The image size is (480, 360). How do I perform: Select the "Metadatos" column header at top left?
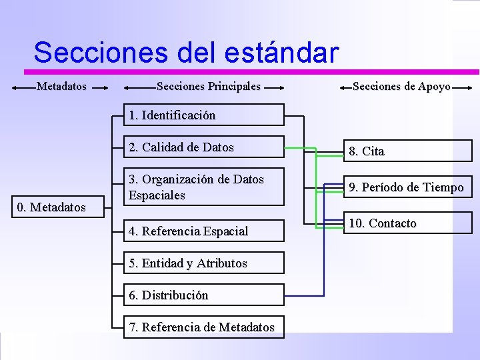click(61, 86)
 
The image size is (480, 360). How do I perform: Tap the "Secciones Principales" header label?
click(208, 86)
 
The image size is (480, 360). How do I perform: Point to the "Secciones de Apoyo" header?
click(401, 86)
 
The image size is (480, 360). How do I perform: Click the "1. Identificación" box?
click(203, 115)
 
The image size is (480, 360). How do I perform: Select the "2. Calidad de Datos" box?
click(203, 147)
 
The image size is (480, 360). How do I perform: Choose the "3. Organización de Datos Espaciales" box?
click(203, 187)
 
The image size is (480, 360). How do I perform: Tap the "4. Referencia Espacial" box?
click(203, 231)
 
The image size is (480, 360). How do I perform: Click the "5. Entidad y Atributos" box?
click(203, 263)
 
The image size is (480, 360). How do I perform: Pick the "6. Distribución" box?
click(203, 295)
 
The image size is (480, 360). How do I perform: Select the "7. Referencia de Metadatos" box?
click(203, 327)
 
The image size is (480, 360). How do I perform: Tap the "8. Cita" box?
click(406, 151)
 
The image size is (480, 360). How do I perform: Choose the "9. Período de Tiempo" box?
click(406, 187)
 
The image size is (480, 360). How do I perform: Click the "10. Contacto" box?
click(406, 223)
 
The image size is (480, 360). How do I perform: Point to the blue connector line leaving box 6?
click(304, 295)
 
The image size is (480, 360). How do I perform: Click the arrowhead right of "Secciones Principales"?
click(279, 87)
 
